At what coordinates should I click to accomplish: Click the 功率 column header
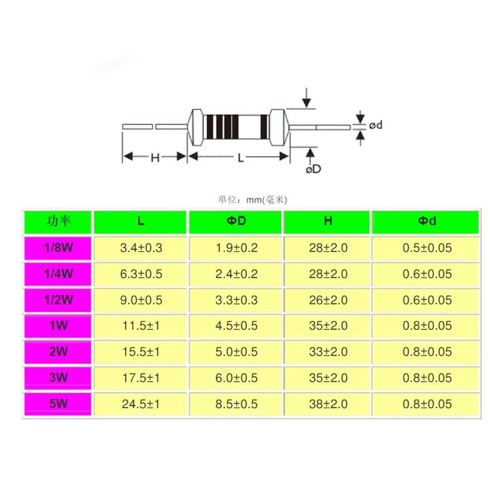pos(58,221)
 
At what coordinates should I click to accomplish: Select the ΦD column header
pos(236,221)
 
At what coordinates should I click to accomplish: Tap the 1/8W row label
pos(58,247)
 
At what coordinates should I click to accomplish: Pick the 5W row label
pos(58,404)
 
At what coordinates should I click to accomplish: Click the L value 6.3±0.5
pos(141,274)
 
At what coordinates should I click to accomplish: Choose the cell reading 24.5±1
pos(141,404)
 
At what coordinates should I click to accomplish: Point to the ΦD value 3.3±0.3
pos(236,300)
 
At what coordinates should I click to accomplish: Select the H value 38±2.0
pos(328,404)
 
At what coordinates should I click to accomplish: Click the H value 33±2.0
pos(328,352)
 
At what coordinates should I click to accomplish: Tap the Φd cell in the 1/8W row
pos(427,247)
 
